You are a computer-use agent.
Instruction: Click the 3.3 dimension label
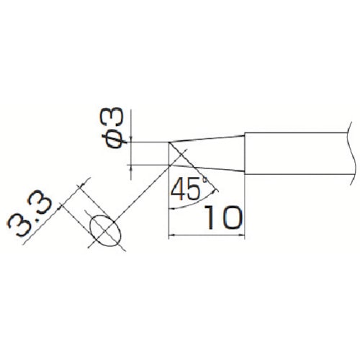pyautogui.click(x=30, y=213)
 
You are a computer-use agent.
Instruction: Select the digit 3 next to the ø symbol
pyautogui.click(x=114, y=117)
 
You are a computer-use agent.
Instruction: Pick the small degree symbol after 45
pyautogui.click(x=205, y=179)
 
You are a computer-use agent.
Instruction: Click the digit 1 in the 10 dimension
pyautogui.click(x=210, y=217)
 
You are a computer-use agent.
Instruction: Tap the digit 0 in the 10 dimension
pyautogui.click(x=232, y=217)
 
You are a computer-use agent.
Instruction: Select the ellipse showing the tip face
pyautogui.click(x=105, y=230)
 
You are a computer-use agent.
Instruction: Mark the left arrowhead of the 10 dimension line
pyautogui.click(x=171, y=235)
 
